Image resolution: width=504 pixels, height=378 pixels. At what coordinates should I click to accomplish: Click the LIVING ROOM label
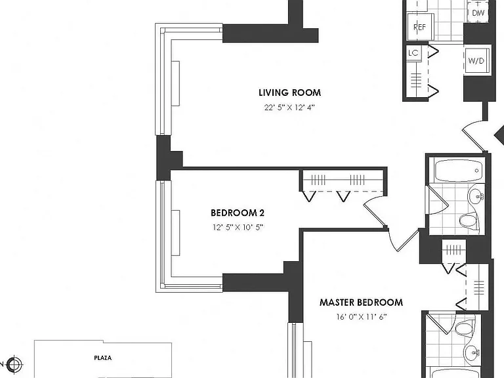289,93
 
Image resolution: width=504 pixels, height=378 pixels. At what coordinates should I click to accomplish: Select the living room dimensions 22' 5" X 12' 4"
289,108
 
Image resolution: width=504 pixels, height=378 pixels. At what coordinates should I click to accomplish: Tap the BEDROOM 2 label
238,213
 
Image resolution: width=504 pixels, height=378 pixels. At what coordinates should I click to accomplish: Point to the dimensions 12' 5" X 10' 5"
238,227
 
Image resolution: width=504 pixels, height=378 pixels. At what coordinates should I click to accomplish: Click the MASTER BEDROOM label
362,303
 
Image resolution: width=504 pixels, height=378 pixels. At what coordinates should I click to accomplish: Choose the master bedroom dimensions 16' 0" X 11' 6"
362,317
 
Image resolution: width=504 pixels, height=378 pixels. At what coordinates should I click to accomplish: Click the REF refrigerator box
420,27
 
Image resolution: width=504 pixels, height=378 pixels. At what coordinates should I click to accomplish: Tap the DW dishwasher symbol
478,12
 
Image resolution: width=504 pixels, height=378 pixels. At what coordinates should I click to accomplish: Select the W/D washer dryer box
476,60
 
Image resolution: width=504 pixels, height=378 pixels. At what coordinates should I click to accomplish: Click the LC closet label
413,52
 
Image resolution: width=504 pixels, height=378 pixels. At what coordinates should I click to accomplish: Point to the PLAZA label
103,358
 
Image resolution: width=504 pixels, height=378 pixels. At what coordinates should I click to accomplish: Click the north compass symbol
14,364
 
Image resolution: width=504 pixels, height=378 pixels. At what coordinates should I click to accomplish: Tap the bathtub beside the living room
459,171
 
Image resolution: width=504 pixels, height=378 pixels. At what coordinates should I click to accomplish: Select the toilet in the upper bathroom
469,220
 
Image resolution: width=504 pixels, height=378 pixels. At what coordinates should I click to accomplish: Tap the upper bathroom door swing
437,201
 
